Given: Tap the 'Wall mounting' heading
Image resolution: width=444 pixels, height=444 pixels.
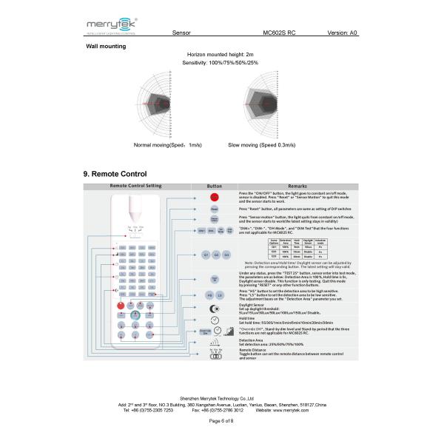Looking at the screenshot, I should [x=106, y=47].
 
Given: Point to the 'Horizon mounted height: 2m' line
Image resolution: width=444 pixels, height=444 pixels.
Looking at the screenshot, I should [x=221, y=55].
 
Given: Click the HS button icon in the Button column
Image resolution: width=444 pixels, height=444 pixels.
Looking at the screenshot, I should [x=209, y=295].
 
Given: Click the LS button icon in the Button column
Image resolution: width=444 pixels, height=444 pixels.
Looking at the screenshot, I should [x=220, y=295].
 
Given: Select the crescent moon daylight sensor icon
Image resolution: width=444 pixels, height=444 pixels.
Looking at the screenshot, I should [x=214, y=308].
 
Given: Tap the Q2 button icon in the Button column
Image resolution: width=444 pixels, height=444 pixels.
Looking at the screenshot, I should [x=215, y=255].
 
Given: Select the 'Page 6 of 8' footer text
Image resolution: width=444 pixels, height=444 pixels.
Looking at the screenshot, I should [x=221, y=420].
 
